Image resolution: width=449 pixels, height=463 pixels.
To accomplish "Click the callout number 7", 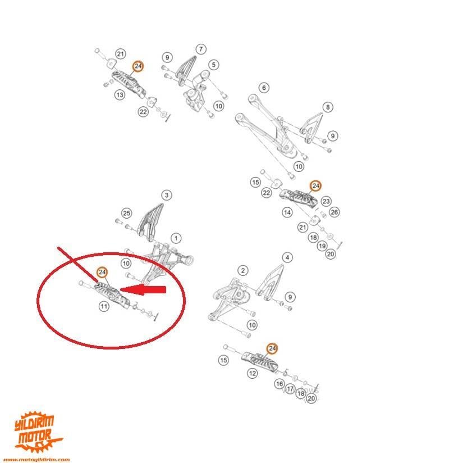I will [200, 49].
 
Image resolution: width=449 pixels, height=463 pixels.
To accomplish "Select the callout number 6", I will [263, 88].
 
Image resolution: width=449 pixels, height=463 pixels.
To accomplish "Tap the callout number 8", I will [328, 107].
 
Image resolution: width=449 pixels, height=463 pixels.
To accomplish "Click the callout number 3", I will [166, 196].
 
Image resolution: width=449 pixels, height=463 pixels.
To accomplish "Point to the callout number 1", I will [176, 238].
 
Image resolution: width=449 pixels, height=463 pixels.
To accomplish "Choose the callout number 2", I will [242, 271].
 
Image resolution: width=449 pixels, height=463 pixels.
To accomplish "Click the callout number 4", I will [287, 258].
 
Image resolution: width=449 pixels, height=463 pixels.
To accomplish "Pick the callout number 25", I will [126, 213].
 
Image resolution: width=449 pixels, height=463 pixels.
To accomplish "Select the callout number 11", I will [103, 306].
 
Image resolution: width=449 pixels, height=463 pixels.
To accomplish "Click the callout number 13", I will [120, 95].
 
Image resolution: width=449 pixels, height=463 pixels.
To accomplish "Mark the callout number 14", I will [287, 212].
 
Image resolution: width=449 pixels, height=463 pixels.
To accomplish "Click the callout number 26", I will [335, 212].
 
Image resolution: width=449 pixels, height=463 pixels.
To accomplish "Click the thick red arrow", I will [145, 290].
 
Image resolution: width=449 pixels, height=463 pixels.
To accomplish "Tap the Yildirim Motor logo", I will [37, 432].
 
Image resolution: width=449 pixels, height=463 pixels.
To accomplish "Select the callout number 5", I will [213, 65].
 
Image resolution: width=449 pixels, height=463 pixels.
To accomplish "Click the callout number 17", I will [290, 389].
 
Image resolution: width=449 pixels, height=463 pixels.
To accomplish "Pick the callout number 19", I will [322, 246].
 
